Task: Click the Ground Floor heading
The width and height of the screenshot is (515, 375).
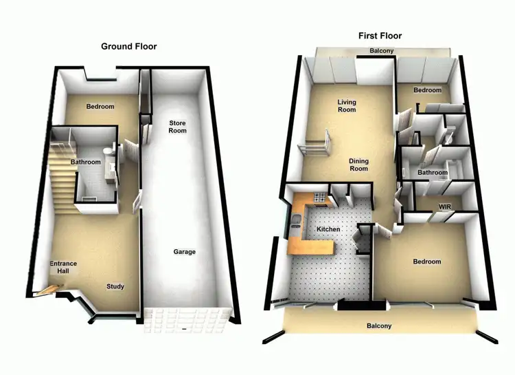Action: (x=128, y=47)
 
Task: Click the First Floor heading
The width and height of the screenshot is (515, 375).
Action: (x=380, y=36)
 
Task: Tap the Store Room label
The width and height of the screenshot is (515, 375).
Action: (x=178, y=127)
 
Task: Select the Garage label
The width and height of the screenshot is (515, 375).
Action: (x=184, y=252)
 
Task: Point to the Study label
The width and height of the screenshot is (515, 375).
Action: (x=115, y=286)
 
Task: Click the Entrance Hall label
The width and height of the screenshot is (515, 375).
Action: (x=63, y=267)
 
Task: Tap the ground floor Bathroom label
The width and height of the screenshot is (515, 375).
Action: (x=86, y=162)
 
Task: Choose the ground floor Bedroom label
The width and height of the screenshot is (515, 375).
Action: (x=100, y=107)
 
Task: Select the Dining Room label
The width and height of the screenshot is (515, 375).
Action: (x=358, y=165)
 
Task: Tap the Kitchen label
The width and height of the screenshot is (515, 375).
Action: (x=328, y=229)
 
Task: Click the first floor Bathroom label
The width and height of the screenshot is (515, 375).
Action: (x=433, y=173)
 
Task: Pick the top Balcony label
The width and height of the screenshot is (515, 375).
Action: (x=381, y=52)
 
